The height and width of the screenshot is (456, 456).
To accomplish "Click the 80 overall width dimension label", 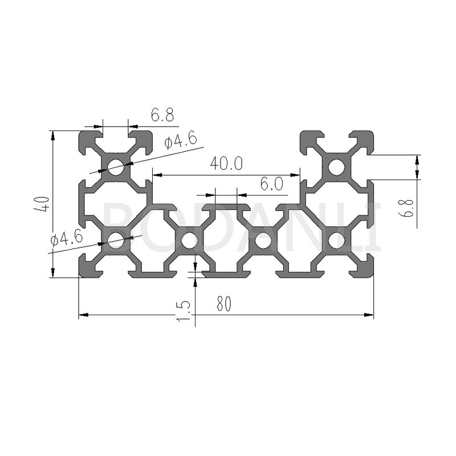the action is point(223,303).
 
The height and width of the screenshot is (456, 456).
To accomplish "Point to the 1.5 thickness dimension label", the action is point(184,311).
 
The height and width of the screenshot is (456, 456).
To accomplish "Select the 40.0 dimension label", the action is point(226,163).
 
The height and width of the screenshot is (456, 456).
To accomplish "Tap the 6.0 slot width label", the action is point(271,184).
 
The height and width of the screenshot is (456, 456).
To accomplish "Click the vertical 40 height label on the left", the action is point(44,204).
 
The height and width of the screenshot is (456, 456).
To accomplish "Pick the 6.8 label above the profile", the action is point(162,115).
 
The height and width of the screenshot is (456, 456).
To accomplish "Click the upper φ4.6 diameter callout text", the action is point(181,139).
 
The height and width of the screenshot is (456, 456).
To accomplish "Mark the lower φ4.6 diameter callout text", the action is point(67,239).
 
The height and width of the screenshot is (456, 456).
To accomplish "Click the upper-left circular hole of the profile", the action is point(116,167).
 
